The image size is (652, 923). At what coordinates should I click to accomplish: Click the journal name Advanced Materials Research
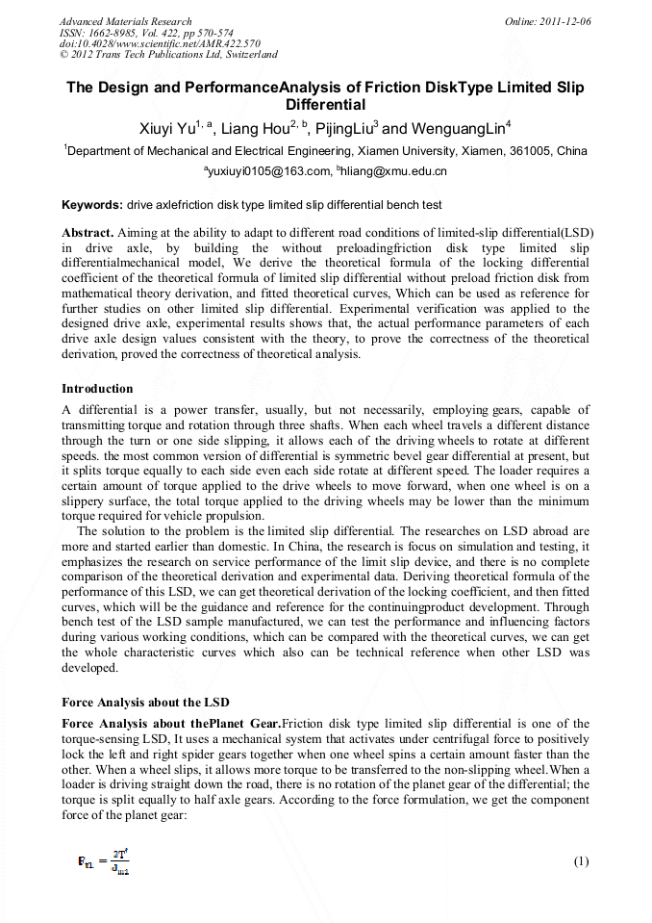(x=125, y=21)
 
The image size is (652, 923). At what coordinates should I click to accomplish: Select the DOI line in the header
(x=160, y=43)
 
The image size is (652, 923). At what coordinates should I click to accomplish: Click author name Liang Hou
(x=255, y=129)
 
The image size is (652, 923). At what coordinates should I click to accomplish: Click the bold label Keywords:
(x=92, y=205)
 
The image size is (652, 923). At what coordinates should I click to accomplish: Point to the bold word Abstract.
(x=87, y=233)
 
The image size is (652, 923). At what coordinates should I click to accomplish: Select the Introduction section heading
(x=97, y=389)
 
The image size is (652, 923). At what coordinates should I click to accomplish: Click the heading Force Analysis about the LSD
(x=138, y=702)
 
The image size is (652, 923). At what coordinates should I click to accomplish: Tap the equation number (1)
(x=580, y=861)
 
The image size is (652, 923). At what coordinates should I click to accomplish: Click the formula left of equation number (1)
(x=104, y=861)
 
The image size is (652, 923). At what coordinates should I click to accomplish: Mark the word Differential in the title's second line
(x=325, y=105)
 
